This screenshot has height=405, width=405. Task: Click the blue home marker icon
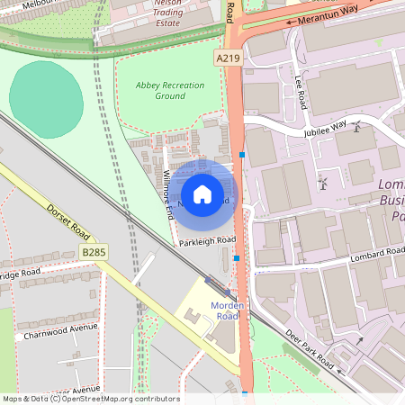point(202,194)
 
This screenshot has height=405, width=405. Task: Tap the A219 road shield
point(228,58)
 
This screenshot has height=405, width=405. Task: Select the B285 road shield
point(93,253)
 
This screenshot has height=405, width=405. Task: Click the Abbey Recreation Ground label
point(169,90)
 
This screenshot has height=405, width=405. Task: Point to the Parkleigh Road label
point(206,240)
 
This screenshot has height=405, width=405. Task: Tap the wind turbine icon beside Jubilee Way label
point(355,126)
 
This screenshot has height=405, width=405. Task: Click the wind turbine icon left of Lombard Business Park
point(322,184)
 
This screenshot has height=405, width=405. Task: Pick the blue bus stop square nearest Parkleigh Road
point(236,258)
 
